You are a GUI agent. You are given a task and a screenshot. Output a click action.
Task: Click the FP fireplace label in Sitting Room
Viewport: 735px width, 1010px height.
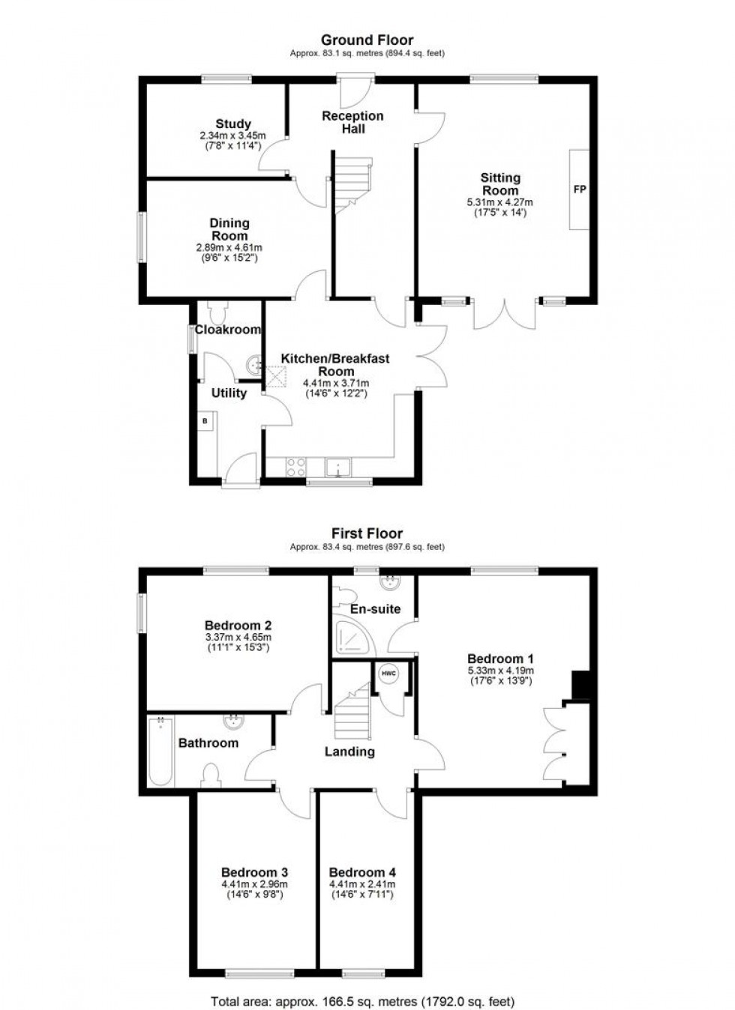(x=579, y=190)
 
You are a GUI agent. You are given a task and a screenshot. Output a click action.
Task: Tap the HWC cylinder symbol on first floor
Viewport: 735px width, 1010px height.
(x=388, y=673)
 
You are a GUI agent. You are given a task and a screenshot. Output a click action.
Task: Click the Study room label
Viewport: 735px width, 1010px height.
(x=233, y=124)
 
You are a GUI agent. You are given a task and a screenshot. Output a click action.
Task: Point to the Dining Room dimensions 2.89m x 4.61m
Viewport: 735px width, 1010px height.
(x=229, y=247)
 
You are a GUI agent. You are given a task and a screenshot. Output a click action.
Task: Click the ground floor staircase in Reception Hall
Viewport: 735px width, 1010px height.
(x=352, y=184)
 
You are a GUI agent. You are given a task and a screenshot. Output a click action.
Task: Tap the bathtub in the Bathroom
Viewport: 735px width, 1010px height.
(x=160, y=752)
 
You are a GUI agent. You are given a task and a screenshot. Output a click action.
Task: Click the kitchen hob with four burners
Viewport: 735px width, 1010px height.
(x=295, y=468)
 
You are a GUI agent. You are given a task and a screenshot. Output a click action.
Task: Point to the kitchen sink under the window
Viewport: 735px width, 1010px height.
(x=339, y=468)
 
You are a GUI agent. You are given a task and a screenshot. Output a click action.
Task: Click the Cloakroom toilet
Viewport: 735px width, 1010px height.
(x=220, y=311)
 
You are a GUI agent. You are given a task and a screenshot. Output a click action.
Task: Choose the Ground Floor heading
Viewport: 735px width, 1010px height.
(x=367, y=40)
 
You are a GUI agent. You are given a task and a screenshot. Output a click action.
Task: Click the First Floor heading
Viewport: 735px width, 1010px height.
(x=367, y=533)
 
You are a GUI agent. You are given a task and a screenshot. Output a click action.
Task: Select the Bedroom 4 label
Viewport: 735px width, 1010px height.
(x=362, y=872)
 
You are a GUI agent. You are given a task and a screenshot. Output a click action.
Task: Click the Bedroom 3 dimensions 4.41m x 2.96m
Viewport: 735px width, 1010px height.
(x=254, y=884)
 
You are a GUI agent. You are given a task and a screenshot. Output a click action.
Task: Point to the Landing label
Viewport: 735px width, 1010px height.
(x=349, y=752)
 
